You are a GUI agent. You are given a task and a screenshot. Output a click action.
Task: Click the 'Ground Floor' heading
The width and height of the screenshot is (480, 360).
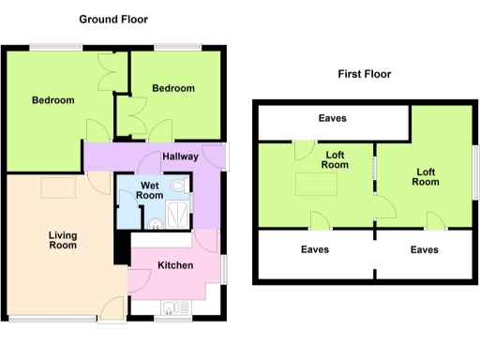tap(112, 19)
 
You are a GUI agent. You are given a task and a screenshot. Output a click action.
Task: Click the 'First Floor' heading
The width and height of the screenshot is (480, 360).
tap(365, 74)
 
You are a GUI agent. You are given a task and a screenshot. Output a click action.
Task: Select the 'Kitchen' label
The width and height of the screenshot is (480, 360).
tap(175, 266)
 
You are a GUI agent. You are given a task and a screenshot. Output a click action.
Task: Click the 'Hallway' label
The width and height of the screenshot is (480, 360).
tap(179, 157)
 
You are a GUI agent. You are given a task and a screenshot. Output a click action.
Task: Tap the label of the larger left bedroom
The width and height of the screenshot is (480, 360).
tap(52, 101)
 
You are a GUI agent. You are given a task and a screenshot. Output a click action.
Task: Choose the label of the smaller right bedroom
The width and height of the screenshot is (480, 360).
tap(173, 88)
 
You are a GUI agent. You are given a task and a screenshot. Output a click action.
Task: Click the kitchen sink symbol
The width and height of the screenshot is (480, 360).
tap(172, 306)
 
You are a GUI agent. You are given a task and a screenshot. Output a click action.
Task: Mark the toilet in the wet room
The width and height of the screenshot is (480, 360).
tap(154, 222)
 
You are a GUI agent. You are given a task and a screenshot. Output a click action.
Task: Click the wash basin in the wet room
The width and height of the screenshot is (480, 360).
tap(178, 187)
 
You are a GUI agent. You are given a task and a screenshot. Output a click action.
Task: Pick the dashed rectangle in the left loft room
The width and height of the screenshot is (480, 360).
tap(312, 185)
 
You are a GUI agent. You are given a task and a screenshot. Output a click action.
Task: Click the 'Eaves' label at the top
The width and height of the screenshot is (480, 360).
tap(332, 118)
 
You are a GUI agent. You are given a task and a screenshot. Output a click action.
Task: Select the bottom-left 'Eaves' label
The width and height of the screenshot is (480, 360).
tap(314, 249)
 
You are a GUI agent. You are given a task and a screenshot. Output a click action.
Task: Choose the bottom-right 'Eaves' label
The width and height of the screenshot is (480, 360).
tap(425, 249)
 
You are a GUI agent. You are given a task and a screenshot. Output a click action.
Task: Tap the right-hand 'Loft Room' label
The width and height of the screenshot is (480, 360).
tap(426, 177)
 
